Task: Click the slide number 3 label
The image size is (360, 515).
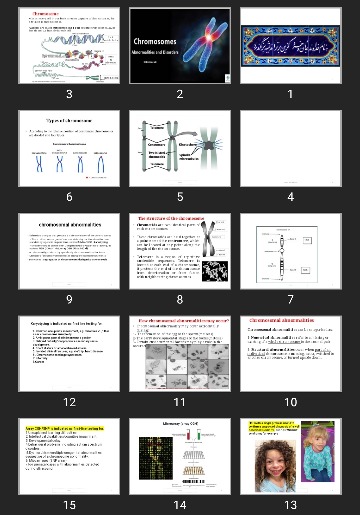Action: (69, 94)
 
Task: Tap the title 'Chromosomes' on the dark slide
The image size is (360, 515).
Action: (155, 42)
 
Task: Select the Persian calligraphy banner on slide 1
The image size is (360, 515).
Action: (290, 46)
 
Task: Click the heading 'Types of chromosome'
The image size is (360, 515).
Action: (69, 121)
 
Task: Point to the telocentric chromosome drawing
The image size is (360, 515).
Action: (100, 164)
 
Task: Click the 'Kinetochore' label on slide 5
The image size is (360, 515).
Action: (188, 145)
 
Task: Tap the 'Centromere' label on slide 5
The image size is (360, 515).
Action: (157, 145)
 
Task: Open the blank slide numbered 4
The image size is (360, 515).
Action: (290, 148)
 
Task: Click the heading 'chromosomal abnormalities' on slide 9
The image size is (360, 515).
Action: (70, 225)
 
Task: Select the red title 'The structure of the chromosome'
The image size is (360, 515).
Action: (171, 218)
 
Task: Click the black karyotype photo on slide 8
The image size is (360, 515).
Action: (215, 271)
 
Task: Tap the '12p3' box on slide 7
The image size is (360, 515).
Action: (307, 240)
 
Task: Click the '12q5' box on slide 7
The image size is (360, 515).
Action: (305, 270)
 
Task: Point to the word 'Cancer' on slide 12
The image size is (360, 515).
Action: (40, 362)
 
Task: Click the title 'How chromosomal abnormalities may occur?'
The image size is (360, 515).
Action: (184, 321)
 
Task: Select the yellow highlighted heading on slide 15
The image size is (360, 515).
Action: (65, 429)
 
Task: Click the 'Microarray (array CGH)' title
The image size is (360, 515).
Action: (180, 424)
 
